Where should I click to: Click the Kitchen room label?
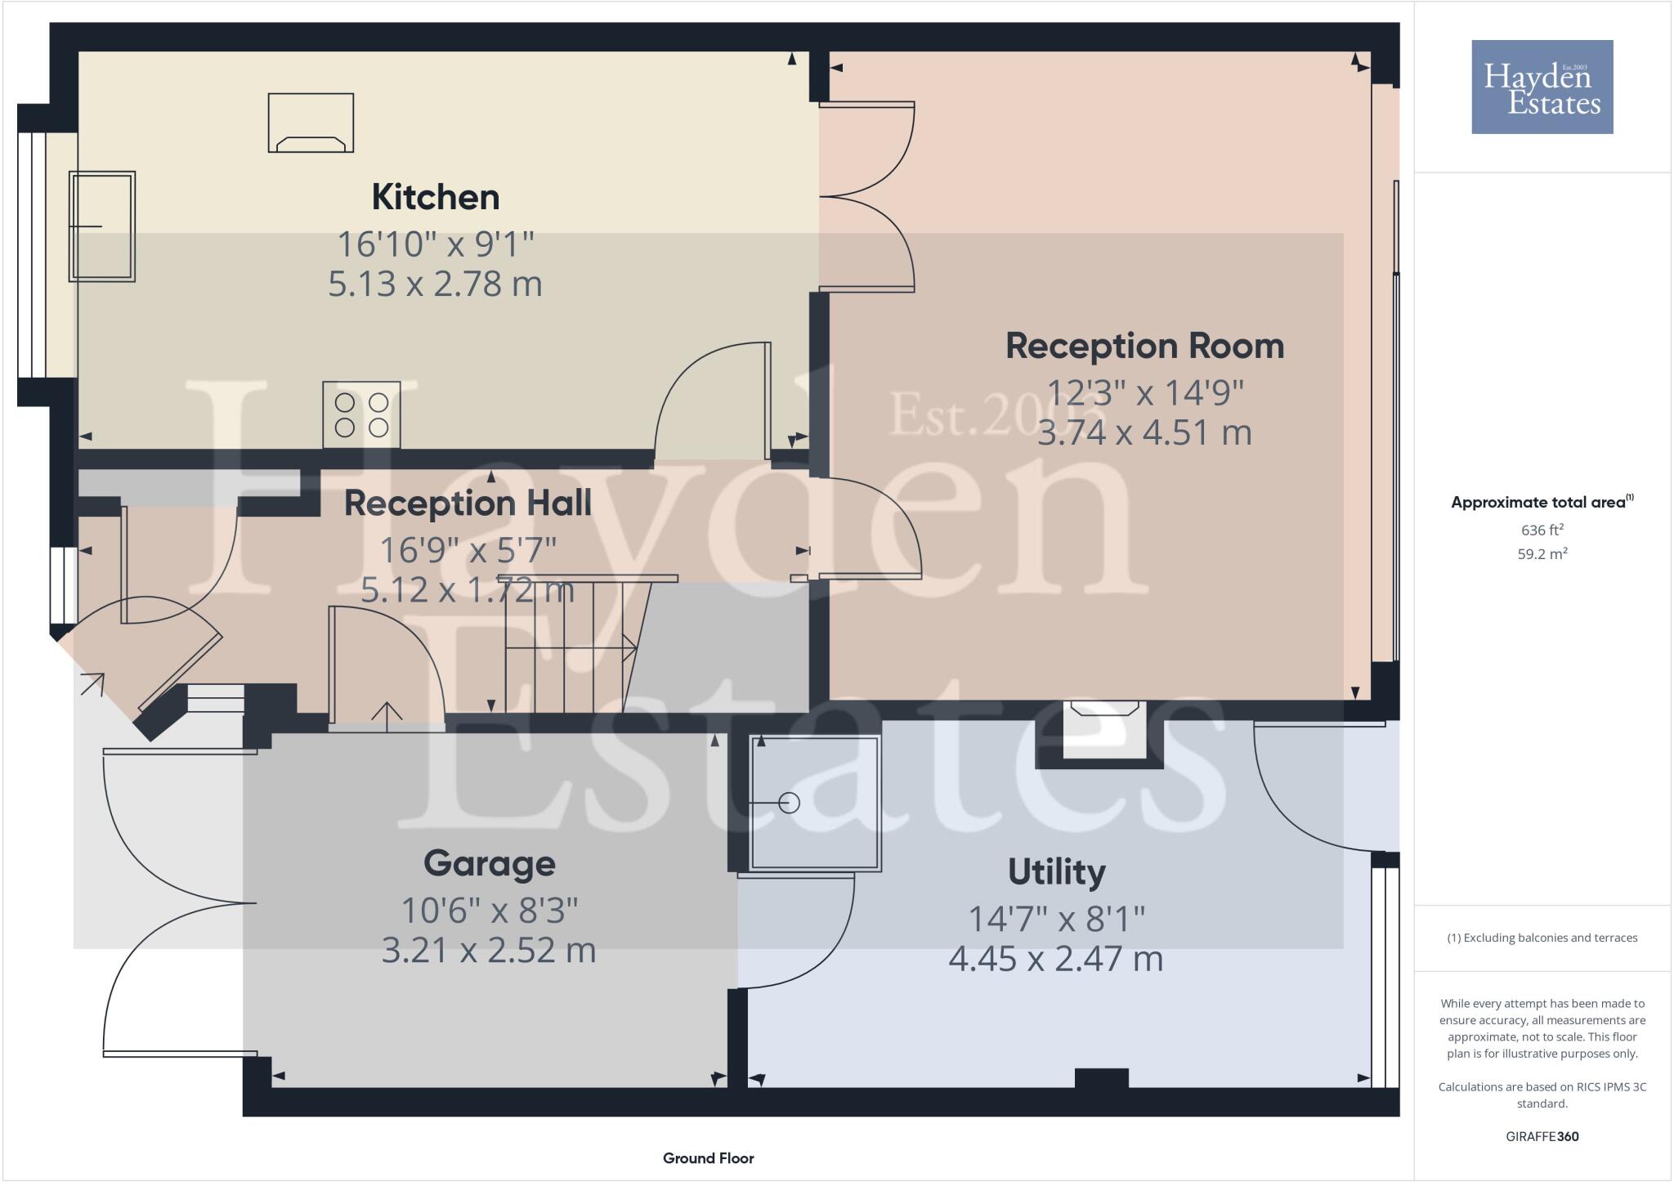coord(435,197)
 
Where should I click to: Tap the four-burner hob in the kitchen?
coord(361,415)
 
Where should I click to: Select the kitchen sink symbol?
coord(102,226)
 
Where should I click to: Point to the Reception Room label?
coord(1144,346)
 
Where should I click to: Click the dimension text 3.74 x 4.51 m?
coord(1144,432)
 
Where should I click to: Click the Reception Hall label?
coord(468,503)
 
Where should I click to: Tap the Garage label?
coord(489,863)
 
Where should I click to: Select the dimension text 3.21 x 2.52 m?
coord(489,950)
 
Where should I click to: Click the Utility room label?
coord(1056,871)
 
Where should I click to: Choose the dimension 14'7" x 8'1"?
coord(1056,919)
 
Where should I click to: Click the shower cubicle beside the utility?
coord(814,803)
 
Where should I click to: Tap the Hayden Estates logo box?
coord(1542,87)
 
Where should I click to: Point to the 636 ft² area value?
coord(1542,530)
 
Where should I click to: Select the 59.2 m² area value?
coord(1542,554)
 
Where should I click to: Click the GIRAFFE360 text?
coord(1542,1136)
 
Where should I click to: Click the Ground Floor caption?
coord(708,1158)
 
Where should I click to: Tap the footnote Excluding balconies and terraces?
coord(1542,938)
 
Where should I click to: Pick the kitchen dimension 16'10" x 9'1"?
coord(435,244)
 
